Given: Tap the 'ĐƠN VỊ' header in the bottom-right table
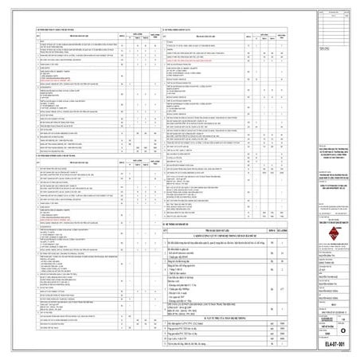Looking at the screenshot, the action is coord(273,229).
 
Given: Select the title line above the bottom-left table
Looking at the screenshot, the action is coord(48,177).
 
